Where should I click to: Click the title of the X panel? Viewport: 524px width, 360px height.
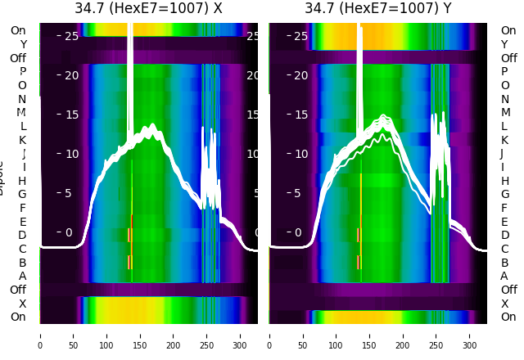tap(148, 9)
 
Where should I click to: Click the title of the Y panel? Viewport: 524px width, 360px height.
tap(378, 9)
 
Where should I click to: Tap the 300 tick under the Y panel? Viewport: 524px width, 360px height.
tap(470, 335)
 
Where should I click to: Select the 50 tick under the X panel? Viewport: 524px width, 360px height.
tap(74, 335)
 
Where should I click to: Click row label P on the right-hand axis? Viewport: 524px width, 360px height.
tap(504, 72)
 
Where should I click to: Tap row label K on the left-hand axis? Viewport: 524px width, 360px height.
tap(23, 140)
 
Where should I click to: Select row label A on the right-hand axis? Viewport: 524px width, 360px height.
tap(504, 277)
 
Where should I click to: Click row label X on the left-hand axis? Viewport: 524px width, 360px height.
tap(23, 304)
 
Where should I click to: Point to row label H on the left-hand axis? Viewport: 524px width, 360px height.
tap(23, 181)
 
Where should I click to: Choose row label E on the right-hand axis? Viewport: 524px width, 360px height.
tap(504, 222)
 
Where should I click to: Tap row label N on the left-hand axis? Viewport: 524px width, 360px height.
tap(23, 99)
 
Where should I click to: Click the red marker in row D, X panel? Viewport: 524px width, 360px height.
tap(129, 235)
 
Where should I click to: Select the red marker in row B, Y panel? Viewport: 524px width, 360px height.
tap(358, 262)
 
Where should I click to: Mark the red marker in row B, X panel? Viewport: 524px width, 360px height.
tap(129, 262)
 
